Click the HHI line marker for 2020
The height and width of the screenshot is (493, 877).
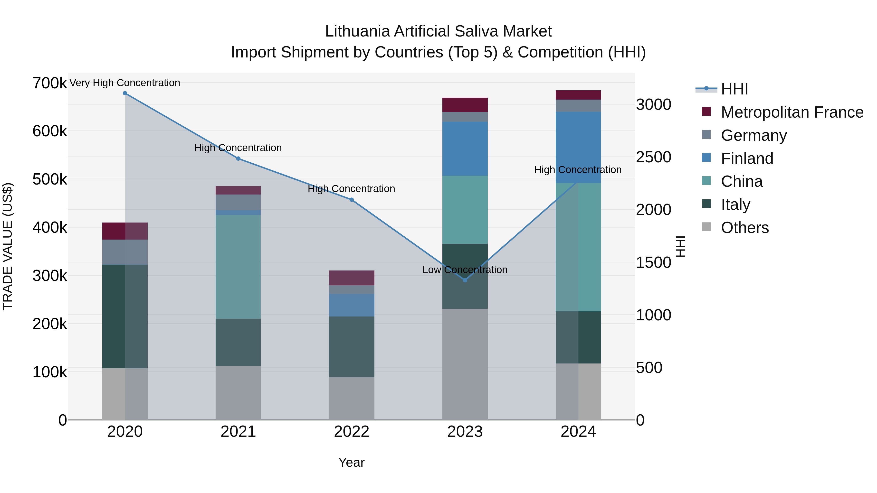point(125,93)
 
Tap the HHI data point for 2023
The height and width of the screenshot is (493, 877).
point(465,280)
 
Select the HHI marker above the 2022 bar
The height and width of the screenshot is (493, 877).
point(352,200)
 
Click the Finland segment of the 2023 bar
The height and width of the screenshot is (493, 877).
point(465,149)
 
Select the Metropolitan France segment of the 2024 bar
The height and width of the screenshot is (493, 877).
point(578,95)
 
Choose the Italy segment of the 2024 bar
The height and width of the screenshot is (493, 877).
point(578,337)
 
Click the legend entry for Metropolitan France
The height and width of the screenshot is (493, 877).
point(792,112)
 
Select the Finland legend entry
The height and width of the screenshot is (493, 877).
point(747,158)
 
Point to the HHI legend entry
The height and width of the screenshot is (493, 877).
point(734,89)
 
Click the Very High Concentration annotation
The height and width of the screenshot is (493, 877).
point(125,83)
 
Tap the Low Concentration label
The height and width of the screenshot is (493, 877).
point(465,270)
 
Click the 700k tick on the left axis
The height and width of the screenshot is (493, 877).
point(50,83)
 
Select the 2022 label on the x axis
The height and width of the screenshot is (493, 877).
point(352,432)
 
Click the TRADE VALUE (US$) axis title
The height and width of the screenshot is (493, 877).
point(8,246)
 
